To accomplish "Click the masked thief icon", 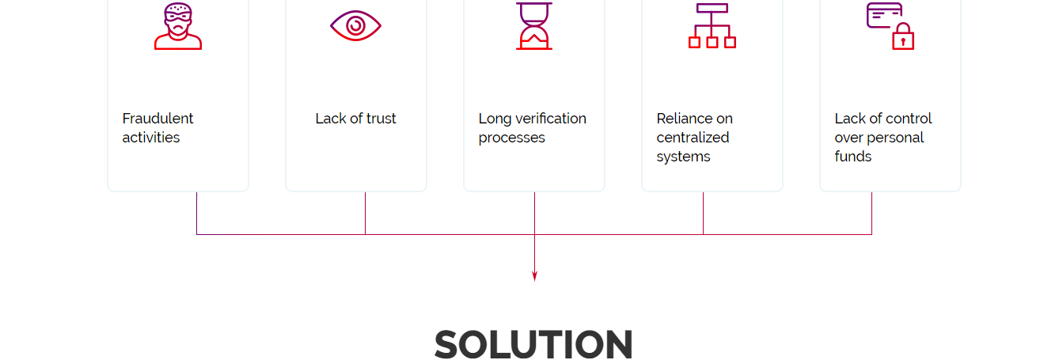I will [x=178, y=26].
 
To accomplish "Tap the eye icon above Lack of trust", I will [x=355, y=26].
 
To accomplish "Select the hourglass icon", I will [x=534, y=26].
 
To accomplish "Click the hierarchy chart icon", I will [x=712, y=26].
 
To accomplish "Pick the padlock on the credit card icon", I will [x=903, y=38].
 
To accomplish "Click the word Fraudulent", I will [x=158, y=119].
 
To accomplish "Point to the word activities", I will [x=150, y=138].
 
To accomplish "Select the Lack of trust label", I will [x=355, y=119].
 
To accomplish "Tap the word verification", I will [x=547, y=119].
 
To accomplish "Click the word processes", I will [x=511, y=138].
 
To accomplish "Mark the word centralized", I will [x=693, y=138].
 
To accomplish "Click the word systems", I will [x=683, y=157].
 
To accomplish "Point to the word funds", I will [x=852, y=157].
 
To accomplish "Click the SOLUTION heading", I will [x=533, y=344].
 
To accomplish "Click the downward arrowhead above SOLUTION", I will [x=534, y=276].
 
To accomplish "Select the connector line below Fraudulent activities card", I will [x=196, y=214].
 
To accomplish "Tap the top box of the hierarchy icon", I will [x=712, y=8].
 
